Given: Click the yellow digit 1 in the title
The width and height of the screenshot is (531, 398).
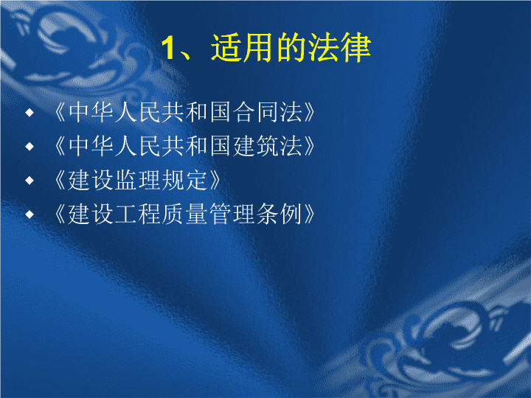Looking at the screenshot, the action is [167, 48].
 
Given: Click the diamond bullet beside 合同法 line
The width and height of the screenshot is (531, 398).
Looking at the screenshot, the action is [29, 112].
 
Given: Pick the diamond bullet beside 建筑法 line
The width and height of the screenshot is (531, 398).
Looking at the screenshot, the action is [29, 146].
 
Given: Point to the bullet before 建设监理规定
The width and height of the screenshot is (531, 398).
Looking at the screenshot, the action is [29, 180].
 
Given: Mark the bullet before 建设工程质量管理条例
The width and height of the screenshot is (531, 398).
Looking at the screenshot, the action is [29, 214].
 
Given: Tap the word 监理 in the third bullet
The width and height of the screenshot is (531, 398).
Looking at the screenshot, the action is [137, 180].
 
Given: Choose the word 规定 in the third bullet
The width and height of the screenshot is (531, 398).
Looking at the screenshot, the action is [184, 180].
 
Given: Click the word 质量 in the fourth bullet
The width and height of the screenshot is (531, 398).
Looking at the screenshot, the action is [184, 214].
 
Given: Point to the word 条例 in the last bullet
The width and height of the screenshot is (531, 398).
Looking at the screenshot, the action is [279, 214].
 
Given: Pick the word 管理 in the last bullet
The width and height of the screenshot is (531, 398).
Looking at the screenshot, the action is [232, 214].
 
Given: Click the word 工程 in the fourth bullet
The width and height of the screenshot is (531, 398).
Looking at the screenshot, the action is [137, 214].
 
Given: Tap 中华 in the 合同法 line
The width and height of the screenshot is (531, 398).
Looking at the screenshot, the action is [91, 112].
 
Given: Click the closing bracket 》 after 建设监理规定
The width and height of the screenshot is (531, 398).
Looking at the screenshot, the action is [215, 180].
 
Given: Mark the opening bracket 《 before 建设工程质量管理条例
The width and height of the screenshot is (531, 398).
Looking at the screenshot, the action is [60, 214].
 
